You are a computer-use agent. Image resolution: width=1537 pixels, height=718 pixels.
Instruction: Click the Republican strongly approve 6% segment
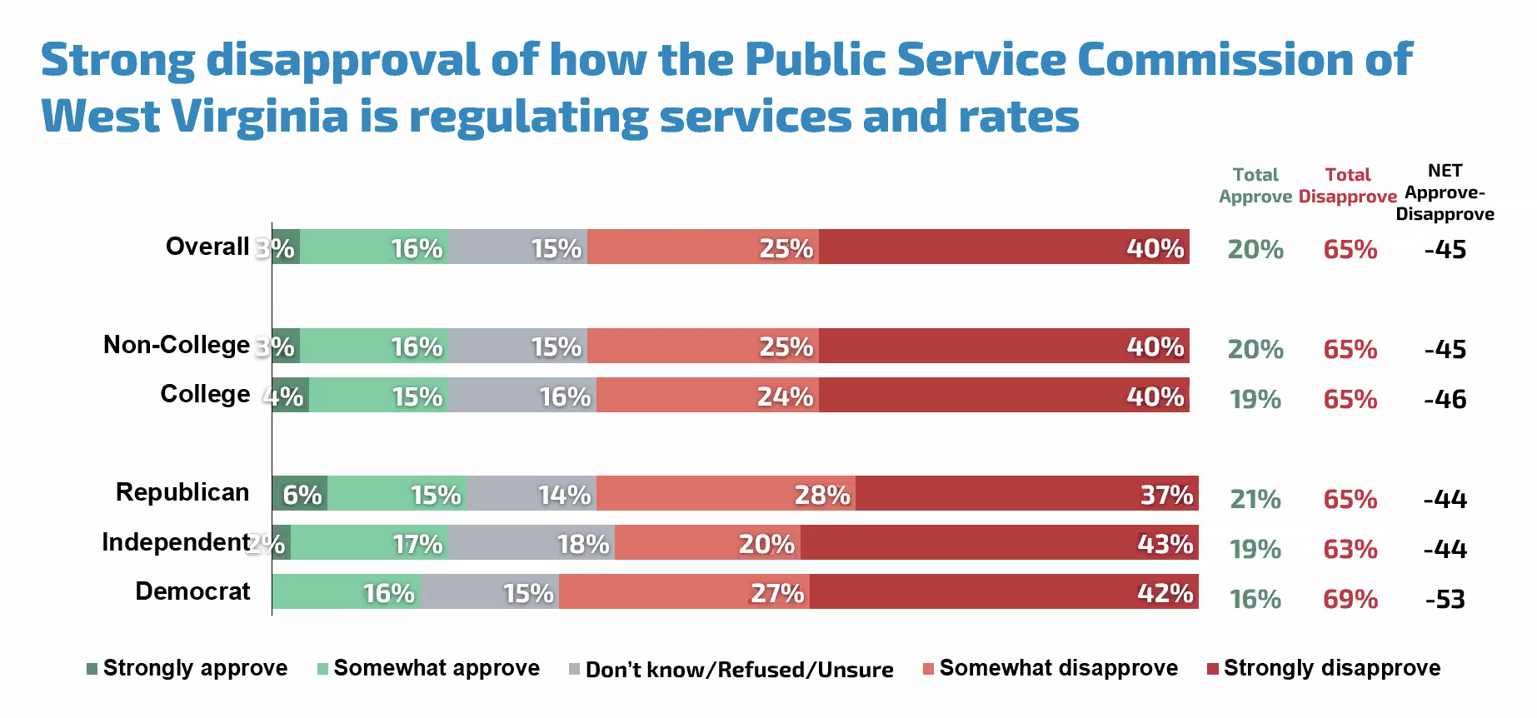click(300, 493)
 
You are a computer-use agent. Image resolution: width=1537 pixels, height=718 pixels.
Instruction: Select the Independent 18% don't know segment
click(531, 542)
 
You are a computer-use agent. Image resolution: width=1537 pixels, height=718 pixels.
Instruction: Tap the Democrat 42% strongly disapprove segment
click(1003, 591)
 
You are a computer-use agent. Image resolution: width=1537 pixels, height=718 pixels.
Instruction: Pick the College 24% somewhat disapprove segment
click(707, 395)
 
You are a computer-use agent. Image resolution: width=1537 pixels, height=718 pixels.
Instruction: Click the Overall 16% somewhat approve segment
click(374, 247)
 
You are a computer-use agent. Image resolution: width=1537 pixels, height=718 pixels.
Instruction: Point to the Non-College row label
click(176, 345)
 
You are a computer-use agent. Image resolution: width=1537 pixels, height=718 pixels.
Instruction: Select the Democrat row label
click(192, 591)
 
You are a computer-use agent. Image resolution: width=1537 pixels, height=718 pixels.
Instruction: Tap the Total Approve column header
click(1255, 186)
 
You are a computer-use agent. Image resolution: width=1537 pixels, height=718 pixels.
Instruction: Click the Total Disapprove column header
click(1347, 186)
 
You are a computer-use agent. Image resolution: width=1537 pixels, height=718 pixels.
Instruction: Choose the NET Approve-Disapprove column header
click(1445, 192)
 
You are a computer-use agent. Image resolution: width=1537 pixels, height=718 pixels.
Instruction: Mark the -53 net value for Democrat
click(1445, 600)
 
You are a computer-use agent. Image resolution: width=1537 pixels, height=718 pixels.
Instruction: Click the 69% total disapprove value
click(1350, 600)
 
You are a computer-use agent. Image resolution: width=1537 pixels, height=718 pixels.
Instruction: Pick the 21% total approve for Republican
click(1255, 500)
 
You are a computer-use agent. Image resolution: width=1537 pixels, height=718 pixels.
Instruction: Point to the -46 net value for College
click(1445, 400)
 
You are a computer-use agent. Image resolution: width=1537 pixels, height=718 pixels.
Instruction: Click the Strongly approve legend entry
click(187, 668)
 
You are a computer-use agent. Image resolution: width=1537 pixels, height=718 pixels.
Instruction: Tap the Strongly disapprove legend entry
click(1324, 668)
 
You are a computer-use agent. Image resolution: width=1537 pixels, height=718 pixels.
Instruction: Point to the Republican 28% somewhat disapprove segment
click(726, 493)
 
